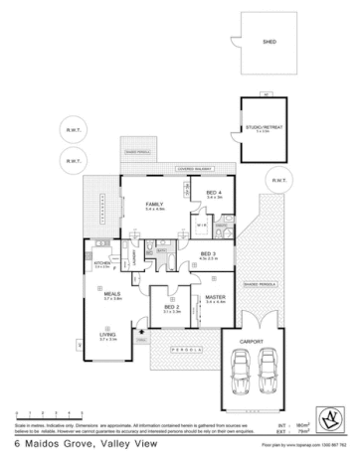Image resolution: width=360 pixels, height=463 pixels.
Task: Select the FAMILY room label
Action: coord(154,204)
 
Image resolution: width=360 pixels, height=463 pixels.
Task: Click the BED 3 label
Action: coord(208,254)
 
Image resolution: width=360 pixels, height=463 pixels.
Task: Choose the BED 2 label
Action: coord(170,307)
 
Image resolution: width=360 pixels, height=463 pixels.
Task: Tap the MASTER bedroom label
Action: coord(215,297)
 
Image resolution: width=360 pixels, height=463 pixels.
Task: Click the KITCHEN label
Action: coord(102,264)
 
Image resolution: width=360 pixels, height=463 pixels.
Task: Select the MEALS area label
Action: coord(112,295)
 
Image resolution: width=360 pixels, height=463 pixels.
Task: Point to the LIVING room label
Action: coord(107,336)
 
